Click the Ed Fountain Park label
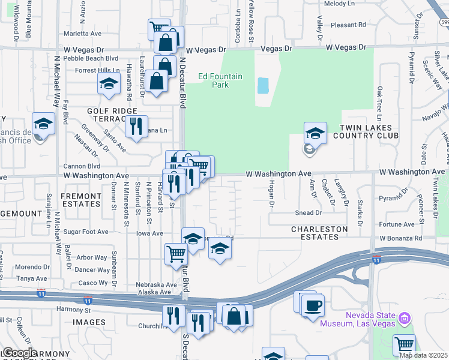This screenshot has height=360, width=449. click(x=220, y=80)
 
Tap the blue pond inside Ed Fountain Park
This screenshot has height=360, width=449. click(x=263, y=85)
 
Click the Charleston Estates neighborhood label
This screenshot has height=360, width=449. click(x=319, y=233)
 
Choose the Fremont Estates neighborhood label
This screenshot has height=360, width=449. click(x=81, y=200)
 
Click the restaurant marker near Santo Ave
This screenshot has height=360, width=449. click(x=136, y=126)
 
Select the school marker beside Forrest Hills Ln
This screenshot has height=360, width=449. click(x=109, y=83)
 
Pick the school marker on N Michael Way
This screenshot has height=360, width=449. click(x=44, y=124)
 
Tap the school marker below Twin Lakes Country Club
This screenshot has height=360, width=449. click(x=315, y=133)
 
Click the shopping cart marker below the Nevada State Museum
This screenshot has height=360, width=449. click(x=405, y=345)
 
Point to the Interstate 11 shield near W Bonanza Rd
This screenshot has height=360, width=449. click(x=376, y=259)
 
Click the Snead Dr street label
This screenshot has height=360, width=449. click(x=309, y=212)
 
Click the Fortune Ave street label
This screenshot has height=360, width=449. click(x=397, y=224)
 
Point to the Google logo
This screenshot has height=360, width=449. click(x=19, y=353)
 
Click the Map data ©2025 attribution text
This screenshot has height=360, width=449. click(x=423, y=355)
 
